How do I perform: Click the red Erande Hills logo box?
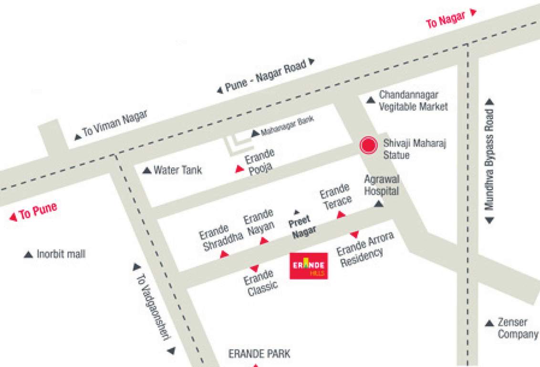click(309, 266)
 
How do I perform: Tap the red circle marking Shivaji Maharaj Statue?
click(368, 145)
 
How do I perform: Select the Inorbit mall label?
click(61, 254)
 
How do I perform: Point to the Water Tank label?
click(177, 170)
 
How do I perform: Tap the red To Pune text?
click(38, 212)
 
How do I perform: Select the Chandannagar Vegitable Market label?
click(413, 101)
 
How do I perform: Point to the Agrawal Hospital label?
click(381, 185)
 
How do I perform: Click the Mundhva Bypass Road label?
click(489, 161)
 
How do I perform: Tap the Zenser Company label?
click(518, 328)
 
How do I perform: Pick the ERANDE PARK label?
click(259, 354)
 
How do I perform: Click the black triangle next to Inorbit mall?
click(28, 255)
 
